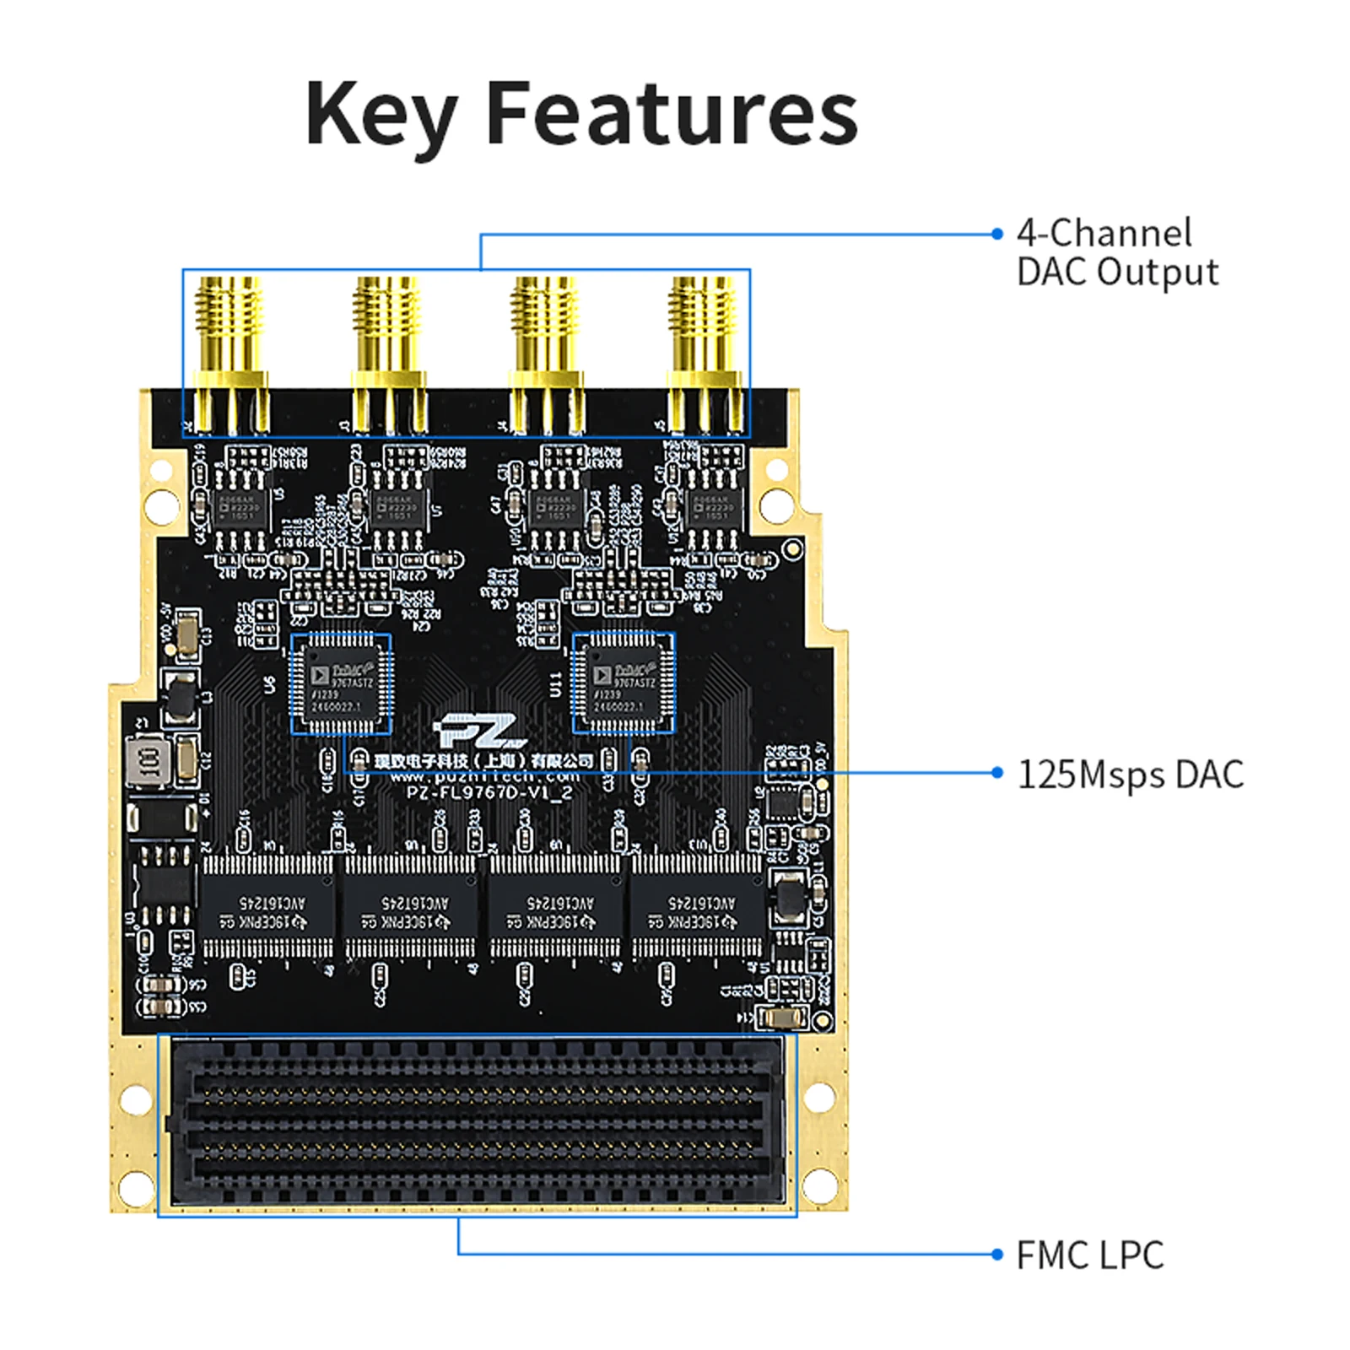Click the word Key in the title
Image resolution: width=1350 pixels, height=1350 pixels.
(x=381, y=115)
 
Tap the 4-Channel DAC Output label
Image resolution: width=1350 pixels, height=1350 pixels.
(x=1116, y=252)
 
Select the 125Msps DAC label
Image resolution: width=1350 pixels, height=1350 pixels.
(x=1130, y=775)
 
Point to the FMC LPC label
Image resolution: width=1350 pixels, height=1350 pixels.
(x=1089, y=1255)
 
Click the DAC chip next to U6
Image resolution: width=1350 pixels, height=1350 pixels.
(x=341, y=683)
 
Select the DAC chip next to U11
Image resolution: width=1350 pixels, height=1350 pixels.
(x=624, y=683)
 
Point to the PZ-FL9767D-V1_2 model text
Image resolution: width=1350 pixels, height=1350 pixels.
(x=489, y=793)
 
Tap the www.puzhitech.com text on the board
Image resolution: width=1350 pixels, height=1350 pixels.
(x=484, y=776)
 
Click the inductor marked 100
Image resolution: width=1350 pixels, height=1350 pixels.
(x=148, y=763)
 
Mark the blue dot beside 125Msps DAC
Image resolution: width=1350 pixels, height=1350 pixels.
(x=997, y=773)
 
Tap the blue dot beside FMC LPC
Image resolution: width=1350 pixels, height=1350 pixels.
(x=997, y=1255)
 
